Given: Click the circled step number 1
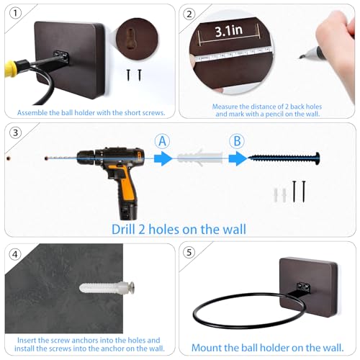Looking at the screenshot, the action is coord(15,13).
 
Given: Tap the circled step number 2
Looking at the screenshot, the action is coord(189,14).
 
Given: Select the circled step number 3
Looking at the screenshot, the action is coord(15,132).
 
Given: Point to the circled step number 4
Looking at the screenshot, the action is coord(15,254).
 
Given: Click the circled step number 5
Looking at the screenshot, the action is coord(189,252).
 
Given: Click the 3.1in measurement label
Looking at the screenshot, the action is coord(228,31).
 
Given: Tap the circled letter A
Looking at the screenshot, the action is coord(163,141).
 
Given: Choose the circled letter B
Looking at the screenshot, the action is coord(237,141).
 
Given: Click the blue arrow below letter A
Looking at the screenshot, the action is coord(163,158).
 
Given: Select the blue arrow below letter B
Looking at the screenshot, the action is coord(238,158).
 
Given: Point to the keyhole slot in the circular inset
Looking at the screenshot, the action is coord(131,39).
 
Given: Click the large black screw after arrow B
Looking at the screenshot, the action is coord(284,158).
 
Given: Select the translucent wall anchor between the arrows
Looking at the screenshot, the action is coord(200,157).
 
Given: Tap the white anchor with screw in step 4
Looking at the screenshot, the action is coord(107,287).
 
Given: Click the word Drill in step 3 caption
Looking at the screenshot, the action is coord(123,229).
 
